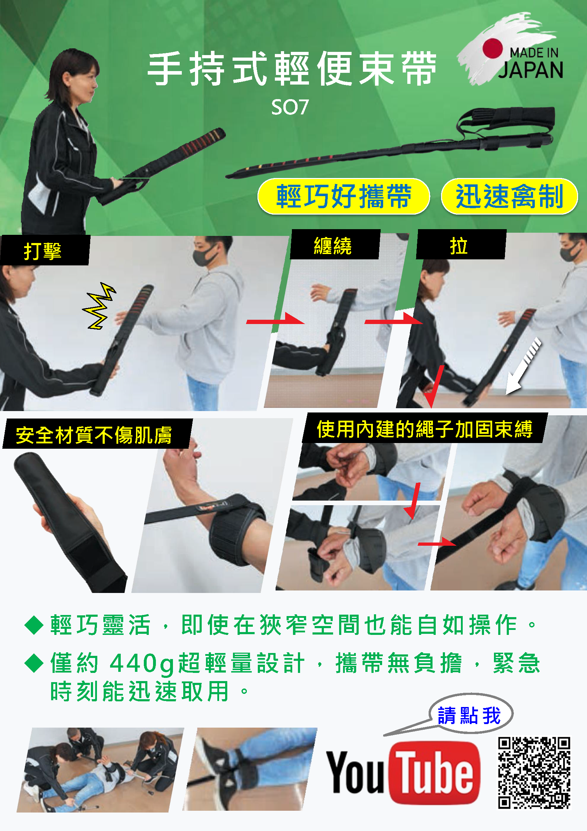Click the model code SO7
click(290, 107)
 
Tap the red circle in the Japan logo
click(492, 48)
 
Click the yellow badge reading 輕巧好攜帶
click(344, 196)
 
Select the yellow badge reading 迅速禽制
click(509, 196)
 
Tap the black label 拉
click(461, 245)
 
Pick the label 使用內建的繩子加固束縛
click(425, 428)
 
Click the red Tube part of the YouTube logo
click(434, 772)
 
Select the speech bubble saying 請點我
click(470, 715)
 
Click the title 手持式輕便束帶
click(292, 69)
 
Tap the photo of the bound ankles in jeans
click(250, 769)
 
